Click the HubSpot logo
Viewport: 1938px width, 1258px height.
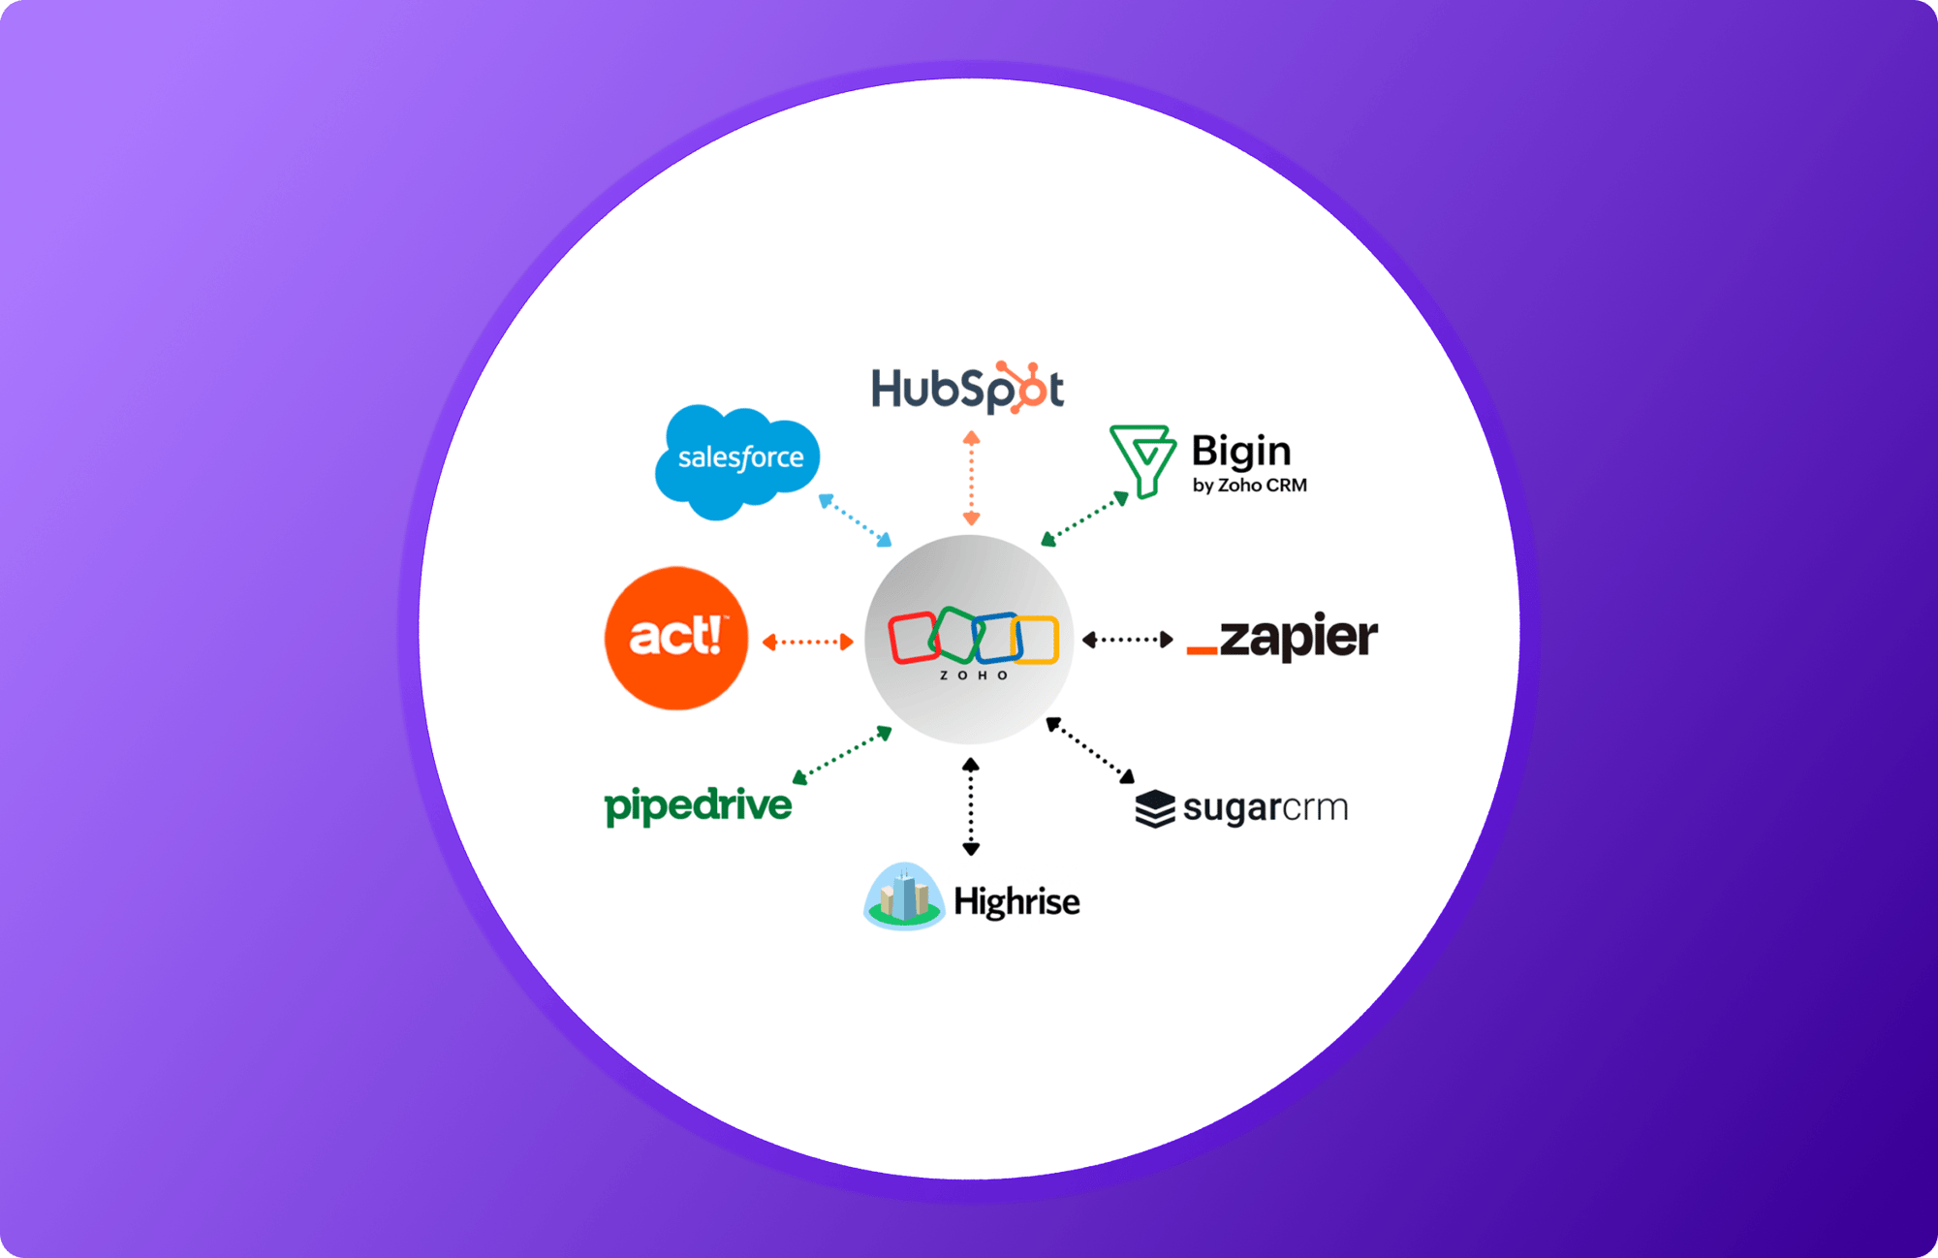966,389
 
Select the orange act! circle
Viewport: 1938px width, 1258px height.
676,638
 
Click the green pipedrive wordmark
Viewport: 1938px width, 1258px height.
698,805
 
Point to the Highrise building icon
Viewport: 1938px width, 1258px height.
903,897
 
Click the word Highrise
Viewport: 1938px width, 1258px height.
1016,901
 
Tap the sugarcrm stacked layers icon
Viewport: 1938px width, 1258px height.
1155,808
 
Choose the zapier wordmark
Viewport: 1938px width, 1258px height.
1282,638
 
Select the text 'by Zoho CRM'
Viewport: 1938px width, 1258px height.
1249,485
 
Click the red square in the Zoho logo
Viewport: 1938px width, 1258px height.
912,638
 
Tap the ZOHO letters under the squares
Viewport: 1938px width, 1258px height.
974,676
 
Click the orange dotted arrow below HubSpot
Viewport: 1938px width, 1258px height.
971,479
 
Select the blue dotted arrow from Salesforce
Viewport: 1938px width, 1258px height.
855,520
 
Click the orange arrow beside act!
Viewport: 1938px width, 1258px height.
807,642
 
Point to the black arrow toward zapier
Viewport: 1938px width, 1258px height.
1127,640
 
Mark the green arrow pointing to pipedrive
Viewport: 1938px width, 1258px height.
841,755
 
